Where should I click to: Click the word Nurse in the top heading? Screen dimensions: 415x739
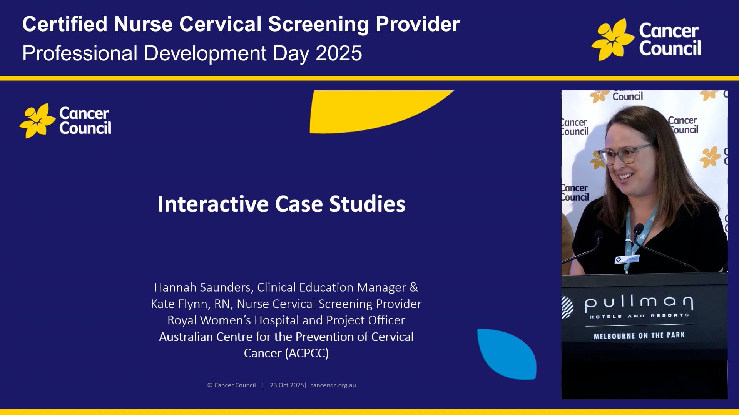pyautogui.click(x=143, y=24)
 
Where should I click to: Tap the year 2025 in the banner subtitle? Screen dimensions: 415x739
pyautogui.click(x=339, y=53)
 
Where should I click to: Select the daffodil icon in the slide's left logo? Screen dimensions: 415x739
pyautogui.click(x=37, y=121)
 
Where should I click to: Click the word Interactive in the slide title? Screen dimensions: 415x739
pyautogui.click(x=213, y=204)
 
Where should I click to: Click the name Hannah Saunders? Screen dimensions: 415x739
pyautogui.click(x=203, y=287)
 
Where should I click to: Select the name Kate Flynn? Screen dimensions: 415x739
pyautogui.click(x=179, y=304)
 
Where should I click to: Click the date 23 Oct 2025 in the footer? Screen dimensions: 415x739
pyautogui.click(x=287, y=385)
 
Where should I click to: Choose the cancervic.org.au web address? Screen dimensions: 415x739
pyautogui.click(x=333, y=385)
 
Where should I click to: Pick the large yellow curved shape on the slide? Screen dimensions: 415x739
pyautogui.click(x=369, y=111)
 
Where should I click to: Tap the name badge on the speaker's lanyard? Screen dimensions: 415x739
pyautogui.click(x=627, y=259)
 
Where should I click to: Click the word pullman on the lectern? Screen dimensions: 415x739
pyautogui.click(x=639, y=303)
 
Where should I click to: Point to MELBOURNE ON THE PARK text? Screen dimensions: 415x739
pyautogui.click(x=639, y=336)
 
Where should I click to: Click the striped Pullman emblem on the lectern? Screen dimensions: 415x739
pyautogui.click(x=567, y=307)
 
